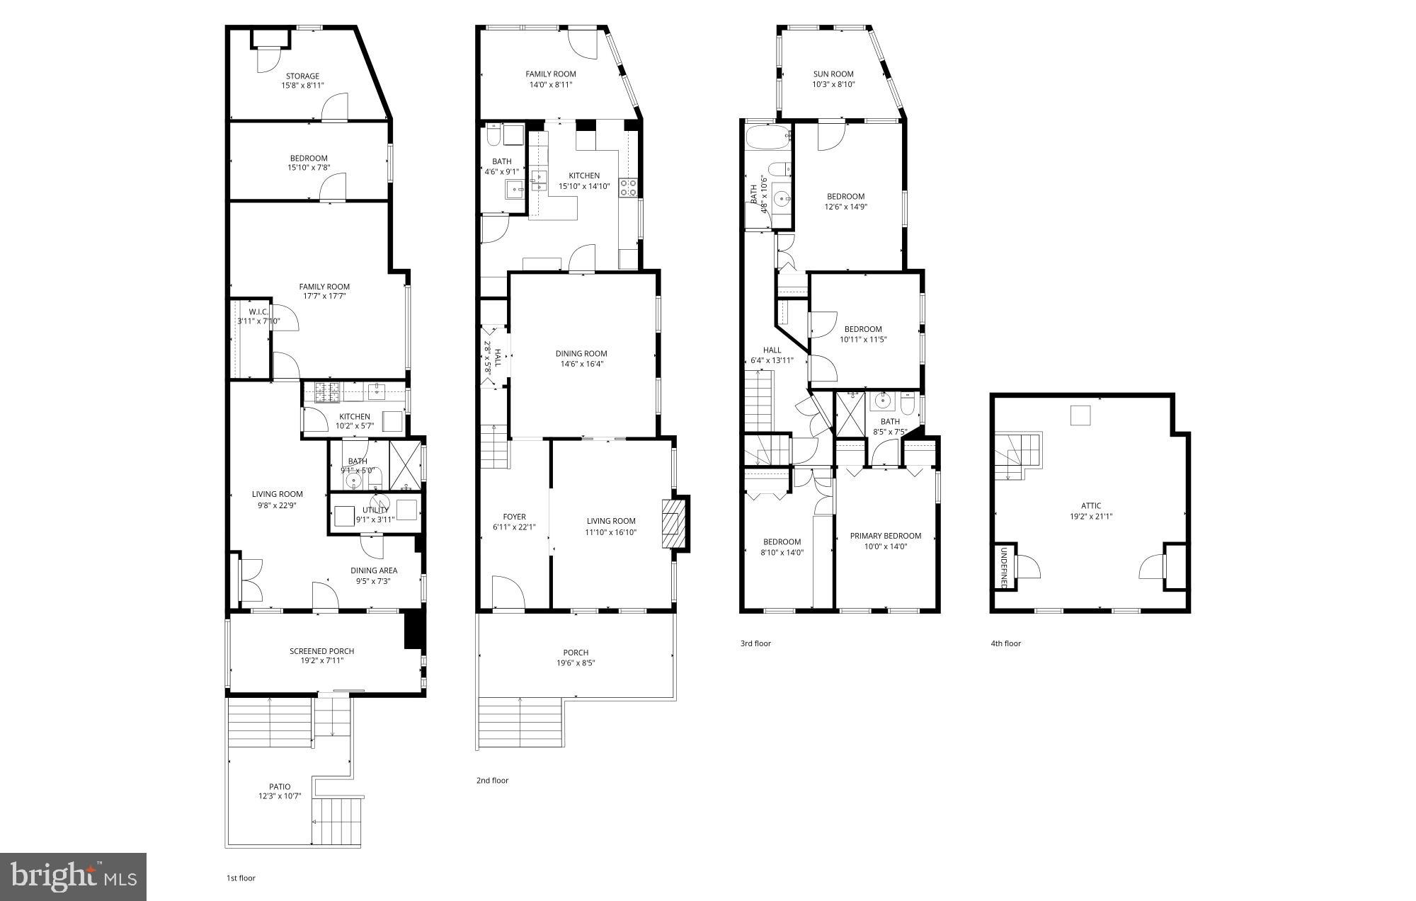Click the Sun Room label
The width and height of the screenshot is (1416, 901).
[x=833, y=74]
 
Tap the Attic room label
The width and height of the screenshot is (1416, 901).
[x=1090, y=505]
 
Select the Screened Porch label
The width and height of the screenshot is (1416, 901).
[x=321, y=651]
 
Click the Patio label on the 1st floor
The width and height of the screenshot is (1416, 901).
[x=279, y=786]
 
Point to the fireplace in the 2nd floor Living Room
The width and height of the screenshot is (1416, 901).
[x=674, y=523]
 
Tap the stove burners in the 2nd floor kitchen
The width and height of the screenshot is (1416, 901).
[x=628, y=187]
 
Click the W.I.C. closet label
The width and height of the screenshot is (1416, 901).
[x=258, y=311]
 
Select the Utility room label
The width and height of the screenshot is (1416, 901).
[x=375, y=510]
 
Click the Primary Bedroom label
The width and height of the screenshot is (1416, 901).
[x=885, y=536]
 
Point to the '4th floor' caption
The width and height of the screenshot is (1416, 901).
[x=1005, y=643]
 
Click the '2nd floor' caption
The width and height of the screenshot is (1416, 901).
[x=492, y=781]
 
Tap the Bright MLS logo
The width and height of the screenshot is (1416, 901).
[x=74, y=877]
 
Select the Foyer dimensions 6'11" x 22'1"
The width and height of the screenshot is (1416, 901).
[x=514, y=527]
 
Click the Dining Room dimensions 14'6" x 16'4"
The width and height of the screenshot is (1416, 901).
[x=581, y=364]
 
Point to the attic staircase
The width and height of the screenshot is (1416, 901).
[x=1017, y=454]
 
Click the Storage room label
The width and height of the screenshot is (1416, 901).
[x=302, y=76]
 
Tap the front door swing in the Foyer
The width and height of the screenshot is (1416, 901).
[x=507, y=592]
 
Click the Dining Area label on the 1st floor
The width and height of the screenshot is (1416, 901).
[x=373, y=570]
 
